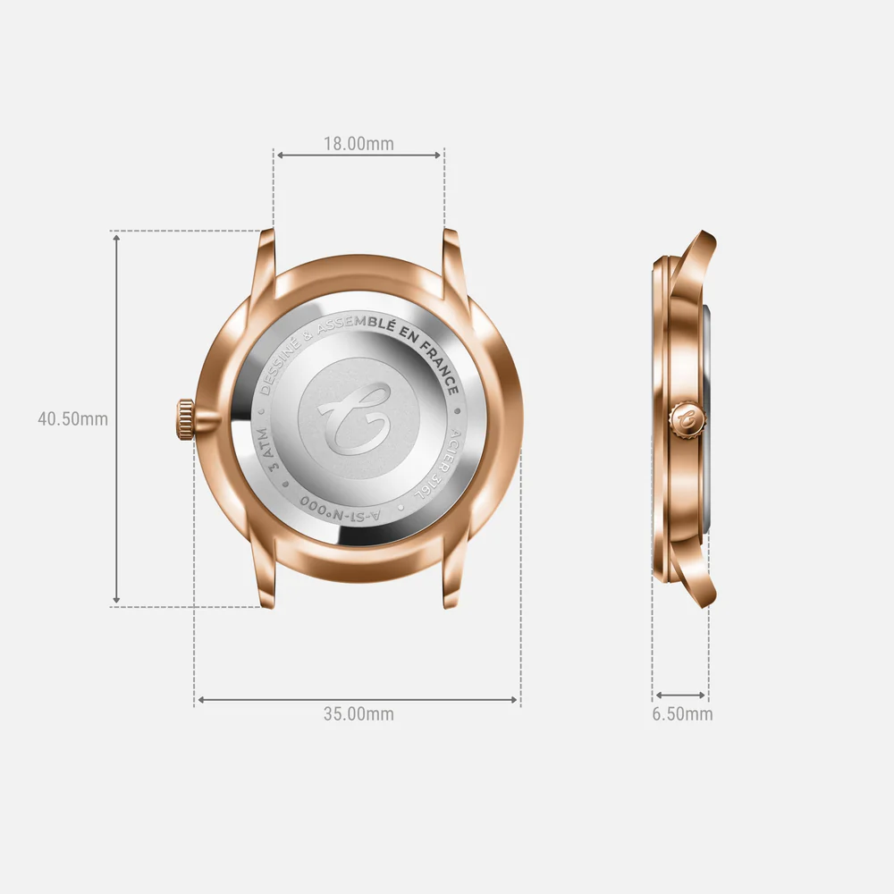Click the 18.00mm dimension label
point(358,143)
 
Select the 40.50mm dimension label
point(72,418)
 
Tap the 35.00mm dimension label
point(358,713)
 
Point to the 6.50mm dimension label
point(682,713)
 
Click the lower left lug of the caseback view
point(266,581)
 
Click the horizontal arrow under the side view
point(680,695)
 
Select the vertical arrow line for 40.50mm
point(116,418)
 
